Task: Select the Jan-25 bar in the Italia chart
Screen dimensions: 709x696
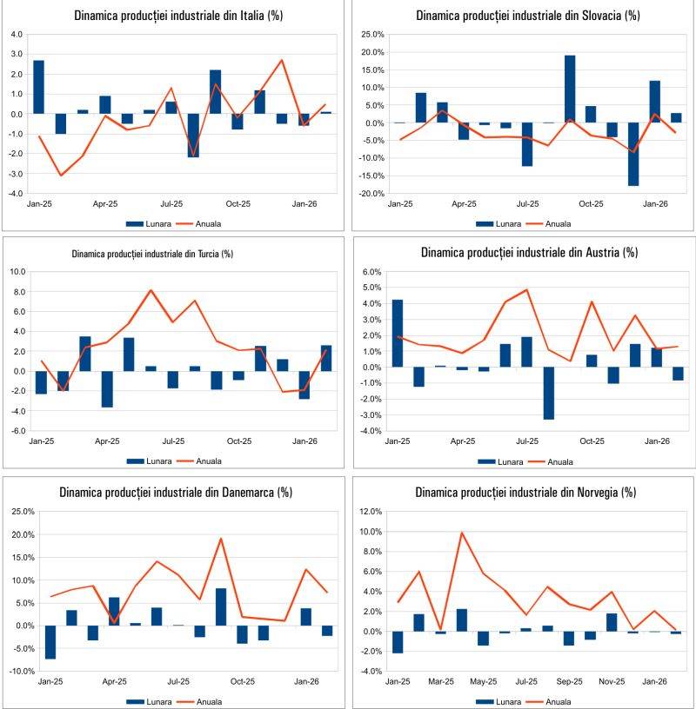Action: point(38,87)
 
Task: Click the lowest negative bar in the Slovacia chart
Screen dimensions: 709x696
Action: point(633,154)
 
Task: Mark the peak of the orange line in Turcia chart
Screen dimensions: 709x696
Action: point(151,290)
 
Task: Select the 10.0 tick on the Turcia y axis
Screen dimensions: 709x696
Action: point(18,271)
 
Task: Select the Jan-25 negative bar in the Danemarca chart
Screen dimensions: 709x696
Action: point(50,642)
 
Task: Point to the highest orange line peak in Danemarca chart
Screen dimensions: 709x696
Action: point(221,539)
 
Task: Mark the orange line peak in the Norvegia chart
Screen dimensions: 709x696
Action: point(463,533)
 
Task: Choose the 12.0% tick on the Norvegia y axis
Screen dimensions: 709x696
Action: point(370,511)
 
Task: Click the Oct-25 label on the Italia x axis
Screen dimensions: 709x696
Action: point(238,204)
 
